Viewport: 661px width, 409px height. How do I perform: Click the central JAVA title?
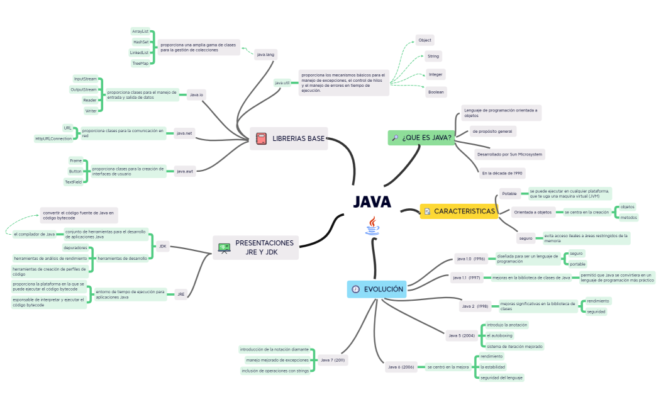pos(372,202)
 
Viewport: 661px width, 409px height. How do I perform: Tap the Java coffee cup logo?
pos(373,225)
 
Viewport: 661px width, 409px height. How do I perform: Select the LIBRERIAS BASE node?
pos(289,138)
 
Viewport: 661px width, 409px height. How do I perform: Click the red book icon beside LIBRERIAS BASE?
pos(261,138)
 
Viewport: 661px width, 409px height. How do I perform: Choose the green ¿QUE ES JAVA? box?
pos(421,138)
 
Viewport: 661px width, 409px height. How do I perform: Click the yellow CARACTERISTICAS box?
pos(458,211)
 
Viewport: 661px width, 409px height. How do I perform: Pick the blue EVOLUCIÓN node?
pos(377,289)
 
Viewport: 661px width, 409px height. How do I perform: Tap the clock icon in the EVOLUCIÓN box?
pos(356,289)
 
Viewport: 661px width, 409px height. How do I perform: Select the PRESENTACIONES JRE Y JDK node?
pos(256,247)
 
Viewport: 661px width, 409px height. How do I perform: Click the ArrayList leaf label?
pos(140,31)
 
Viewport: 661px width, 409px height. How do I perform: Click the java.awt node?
pos(185,171)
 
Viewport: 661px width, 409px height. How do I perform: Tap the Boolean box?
pos(436,92)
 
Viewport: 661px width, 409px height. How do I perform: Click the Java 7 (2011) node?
pos(332,361)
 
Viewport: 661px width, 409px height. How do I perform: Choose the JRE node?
pos(181,294)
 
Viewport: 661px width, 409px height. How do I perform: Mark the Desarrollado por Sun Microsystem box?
pos(509,154)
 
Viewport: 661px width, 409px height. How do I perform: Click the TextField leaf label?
pos(74,182)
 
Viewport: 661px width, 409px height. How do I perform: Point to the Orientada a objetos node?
pos(533,212)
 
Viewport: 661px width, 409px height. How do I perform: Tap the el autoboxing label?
pos(500,335)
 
